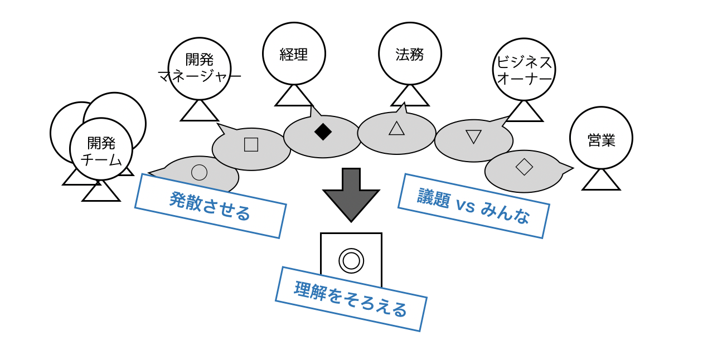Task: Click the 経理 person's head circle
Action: click(294, 53)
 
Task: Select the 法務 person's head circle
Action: click(410, 53)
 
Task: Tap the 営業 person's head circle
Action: click(601, 138)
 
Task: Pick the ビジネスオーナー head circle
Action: click(524, 70)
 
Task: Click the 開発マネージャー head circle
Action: click(200, 69)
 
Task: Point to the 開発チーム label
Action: click(101, 150)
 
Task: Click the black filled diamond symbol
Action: click(323, 132)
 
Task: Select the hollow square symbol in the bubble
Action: click(251, 144)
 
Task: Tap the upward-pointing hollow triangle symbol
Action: click(396, 128)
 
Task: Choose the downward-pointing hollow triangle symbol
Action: click(473, 136)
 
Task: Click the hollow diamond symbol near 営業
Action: click(524, 166)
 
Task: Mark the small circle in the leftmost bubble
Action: click(199, 172)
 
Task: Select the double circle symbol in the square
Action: click(351, 260)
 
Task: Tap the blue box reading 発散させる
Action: click(210, 206)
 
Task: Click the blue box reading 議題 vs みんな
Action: click(473, 206)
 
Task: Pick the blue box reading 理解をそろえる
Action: click(351, 299)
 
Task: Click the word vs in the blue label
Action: click(465, 205)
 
